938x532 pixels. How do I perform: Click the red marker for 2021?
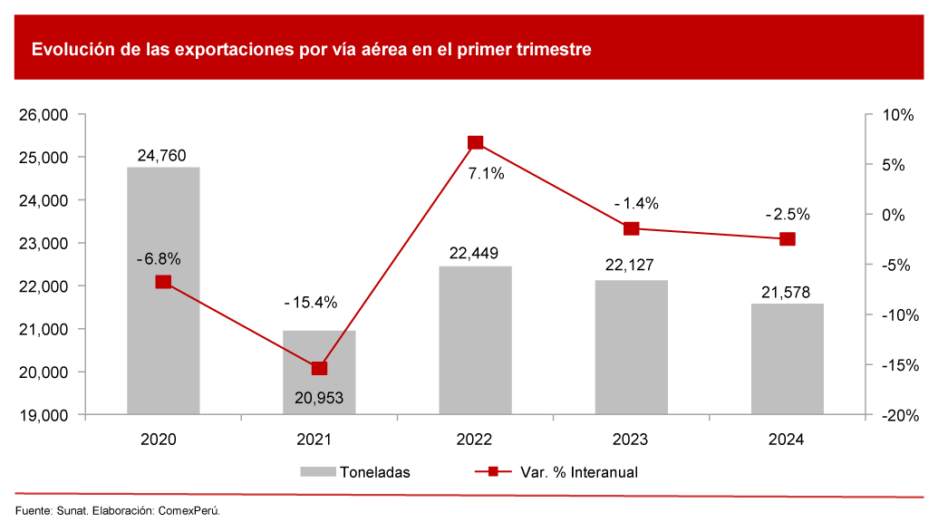[x=319, y=368]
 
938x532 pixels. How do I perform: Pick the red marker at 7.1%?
[x=475, y=142]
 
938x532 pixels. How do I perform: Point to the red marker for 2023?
[x=631, y=228]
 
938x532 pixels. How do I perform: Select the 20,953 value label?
[x=319, y=397]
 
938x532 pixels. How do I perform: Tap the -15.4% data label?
[x=310, y=302]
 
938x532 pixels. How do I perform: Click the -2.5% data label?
[x=788, y=215]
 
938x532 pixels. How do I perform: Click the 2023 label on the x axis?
[x=631, y=440]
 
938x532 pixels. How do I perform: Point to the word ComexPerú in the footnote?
[x=189, y=510]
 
